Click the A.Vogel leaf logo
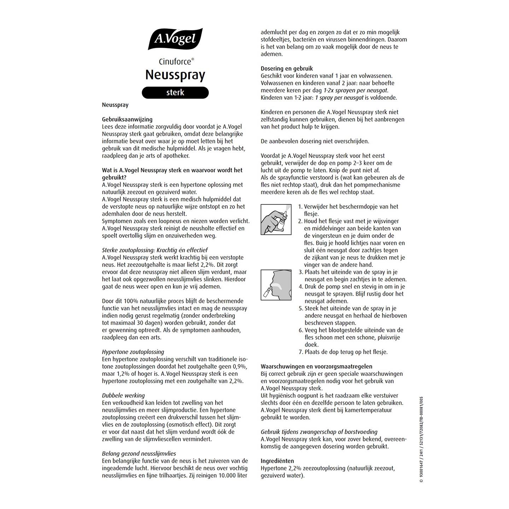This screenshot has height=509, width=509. pos(175,39)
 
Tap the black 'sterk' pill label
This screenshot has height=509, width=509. pos(175,93)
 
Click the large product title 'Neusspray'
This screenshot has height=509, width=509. pos(175,75)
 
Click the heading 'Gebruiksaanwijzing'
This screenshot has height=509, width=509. pos(127,119)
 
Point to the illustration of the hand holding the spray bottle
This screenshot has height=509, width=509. pos(276,219)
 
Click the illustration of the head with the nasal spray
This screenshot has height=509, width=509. pos(276,285)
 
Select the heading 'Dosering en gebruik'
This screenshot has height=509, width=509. pos(287,69)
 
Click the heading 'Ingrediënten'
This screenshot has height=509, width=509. pos(277,461)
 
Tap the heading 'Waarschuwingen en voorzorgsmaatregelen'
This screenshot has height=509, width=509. pos(316,367)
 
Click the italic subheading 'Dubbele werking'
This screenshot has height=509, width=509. pos(123,396)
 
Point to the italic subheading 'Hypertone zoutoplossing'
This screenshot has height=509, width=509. pos(133,352)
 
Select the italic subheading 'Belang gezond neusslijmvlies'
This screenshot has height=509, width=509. pos(139,454)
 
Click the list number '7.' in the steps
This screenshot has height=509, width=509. pos(301,352)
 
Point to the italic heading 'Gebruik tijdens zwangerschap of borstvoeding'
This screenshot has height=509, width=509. pos(319,432)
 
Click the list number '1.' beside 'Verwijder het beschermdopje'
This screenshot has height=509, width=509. pos(300,207)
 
